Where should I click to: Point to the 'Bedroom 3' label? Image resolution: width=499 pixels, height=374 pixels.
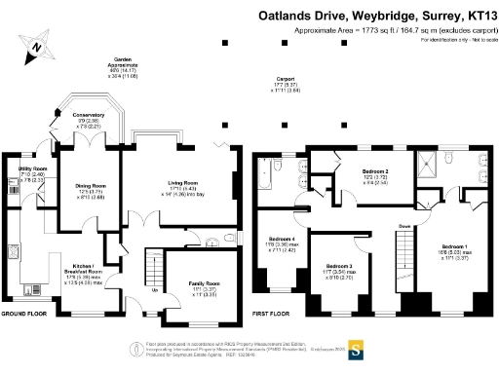pos(338,266)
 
